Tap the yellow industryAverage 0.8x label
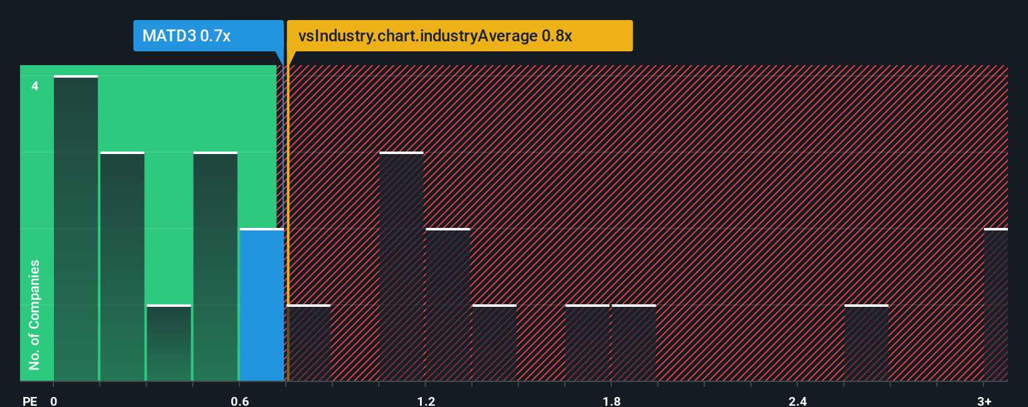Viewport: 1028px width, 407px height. [459, 36]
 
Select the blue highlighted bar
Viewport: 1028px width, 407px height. [262, 305]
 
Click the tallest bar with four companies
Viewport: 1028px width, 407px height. [76, 229]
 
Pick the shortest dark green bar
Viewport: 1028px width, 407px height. [169, 343]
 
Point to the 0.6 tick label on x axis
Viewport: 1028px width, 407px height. [240, 401]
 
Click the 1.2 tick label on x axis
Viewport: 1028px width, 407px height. [426, 401]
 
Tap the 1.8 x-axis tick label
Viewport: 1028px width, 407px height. [612, 401]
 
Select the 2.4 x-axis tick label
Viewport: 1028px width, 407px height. [798, 401]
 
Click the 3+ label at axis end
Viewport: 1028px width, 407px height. [984, 401]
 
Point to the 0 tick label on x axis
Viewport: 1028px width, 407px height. [54, 401]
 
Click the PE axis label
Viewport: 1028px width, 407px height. [29, 401]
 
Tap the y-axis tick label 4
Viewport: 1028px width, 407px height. [35, 86]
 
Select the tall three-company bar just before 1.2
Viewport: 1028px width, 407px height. [401, 267]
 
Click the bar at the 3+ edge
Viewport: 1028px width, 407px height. [995, 305]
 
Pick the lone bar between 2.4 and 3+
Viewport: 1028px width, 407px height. [866, 343]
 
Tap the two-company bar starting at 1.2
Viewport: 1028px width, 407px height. [448, 305]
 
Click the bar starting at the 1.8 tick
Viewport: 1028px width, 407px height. [634, 343]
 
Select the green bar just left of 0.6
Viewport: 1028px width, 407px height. [216, 267]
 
